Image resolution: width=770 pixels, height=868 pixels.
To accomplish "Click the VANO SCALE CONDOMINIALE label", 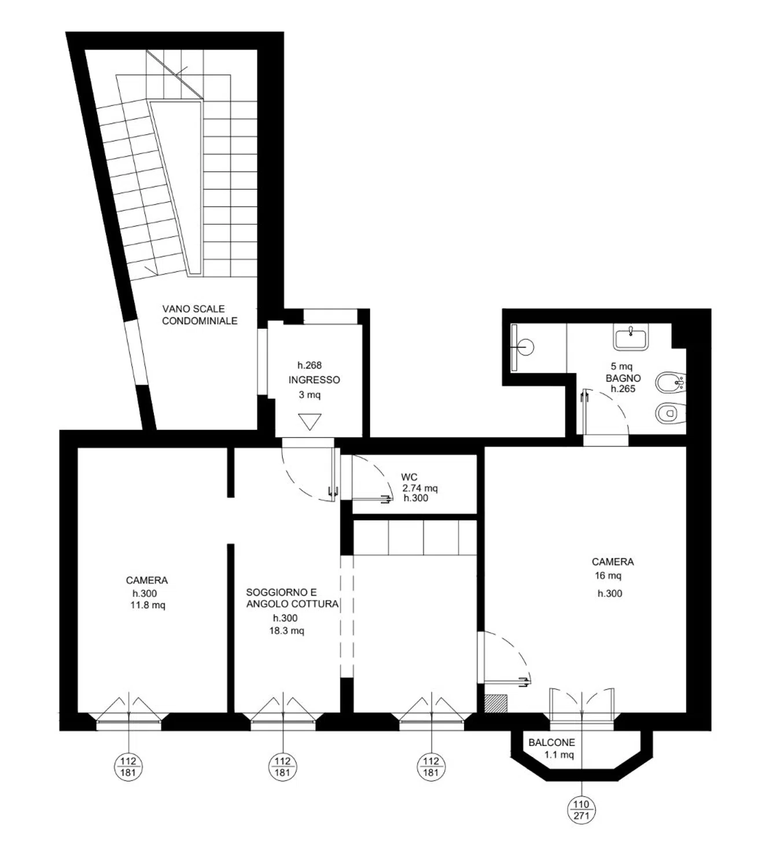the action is [200, 314].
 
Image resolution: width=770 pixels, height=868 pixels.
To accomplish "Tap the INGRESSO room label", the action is [314, 380].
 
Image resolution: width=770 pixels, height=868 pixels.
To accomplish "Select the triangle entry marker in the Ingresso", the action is [310, 422].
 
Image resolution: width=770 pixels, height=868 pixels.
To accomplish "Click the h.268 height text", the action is [309, 365].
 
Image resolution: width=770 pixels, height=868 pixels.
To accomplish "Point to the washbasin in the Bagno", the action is [631, 337].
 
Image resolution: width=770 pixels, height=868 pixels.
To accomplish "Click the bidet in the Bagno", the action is [670, 381].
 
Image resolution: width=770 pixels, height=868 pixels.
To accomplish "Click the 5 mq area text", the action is [621, 366].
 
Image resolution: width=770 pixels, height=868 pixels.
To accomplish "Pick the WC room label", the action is [409, 477].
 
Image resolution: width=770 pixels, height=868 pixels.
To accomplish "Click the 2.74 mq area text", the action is [419, 488].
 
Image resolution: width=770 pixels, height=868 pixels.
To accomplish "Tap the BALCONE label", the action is [551, 742].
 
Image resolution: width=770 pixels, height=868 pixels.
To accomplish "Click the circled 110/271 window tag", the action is [581, 810].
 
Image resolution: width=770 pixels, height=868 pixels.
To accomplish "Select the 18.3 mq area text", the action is [286, 631].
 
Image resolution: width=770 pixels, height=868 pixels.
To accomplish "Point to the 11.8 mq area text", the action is [148, 605].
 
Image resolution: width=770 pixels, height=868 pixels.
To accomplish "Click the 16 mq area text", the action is [607, 575].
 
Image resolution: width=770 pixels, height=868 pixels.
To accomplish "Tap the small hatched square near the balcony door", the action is [495, 704].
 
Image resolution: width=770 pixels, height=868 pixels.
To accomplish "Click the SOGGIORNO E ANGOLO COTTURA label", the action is [292, 598].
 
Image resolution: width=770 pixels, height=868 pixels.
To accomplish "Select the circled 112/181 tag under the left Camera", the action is [128, 767].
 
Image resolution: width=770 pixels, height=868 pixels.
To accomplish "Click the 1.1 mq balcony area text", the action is [559, 755].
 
